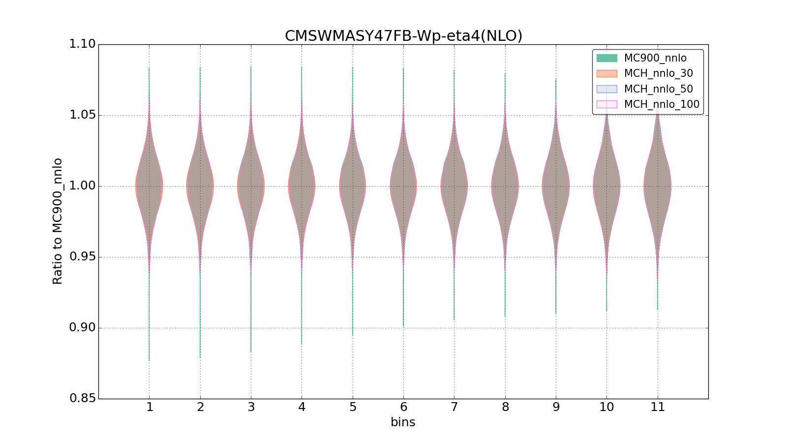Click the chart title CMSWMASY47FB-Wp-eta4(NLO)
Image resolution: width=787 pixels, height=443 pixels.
403,36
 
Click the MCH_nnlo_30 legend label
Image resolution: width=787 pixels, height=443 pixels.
658,73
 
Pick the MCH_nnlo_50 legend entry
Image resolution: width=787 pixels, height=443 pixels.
658,89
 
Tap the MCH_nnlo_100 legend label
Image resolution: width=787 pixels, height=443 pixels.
661,104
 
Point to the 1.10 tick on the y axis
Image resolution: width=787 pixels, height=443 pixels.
82,44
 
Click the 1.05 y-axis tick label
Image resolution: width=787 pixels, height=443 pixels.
82,115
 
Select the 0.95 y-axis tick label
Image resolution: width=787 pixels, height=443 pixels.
82,257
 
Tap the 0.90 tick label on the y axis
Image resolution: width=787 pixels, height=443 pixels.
82,328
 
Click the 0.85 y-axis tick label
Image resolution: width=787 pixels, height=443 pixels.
82,398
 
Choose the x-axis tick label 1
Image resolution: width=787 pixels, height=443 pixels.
150,407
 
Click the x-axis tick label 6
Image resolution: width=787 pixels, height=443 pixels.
403,407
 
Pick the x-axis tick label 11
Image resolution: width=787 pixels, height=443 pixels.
658,407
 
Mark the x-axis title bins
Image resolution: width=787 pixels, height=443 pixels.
403,422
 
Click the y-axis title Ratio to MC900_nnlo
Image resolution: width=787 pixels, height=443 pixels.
58,221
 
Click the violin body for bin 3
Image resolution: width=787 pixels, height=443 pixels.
251,186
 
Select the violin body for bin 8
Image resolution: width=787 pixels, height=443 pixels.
505,186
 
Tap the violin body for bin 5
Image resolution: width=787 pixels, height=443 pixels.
352,186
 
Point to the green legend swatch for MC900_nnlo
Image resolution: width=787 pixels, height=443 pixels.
606,58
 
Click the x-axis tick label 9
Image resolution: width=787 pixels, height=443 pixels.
556,407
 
